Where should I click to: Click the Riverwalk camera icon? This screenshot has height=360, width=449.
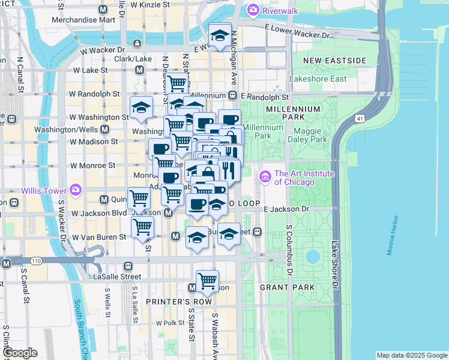click(253, 10)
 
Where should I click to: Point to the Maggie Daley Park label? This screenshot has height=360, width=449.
click(310, 135)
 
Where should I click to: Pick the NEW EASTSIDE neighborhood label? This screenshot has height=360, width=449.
click(334, 61)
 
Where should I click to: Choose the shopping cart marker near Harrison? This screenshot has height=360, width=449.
click(207, 281)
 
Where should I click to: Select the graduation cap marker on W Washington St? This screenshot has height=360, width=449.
click(142, 108)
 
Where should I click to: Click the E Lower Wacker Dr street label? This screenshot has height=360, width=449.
click(298, 30)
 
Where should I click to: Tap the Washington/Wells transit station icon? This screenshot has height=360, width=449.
click(105, 129)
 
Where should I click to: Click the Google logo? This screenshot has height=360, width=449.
click(20, 353)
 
